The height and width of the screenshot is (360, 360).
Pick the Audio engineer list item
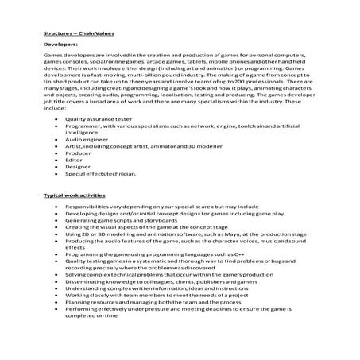(x=87, y=138)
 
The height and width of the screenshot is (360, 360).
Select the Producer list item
(x=79, y=152)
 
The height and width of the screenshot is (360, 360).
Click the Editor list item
(x=75, y=159)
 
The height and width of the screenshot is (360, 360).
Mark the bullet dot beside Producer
(x=53, y=152)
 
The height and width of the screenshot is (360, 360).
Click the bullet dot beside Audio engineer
(x=53, y=138)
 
